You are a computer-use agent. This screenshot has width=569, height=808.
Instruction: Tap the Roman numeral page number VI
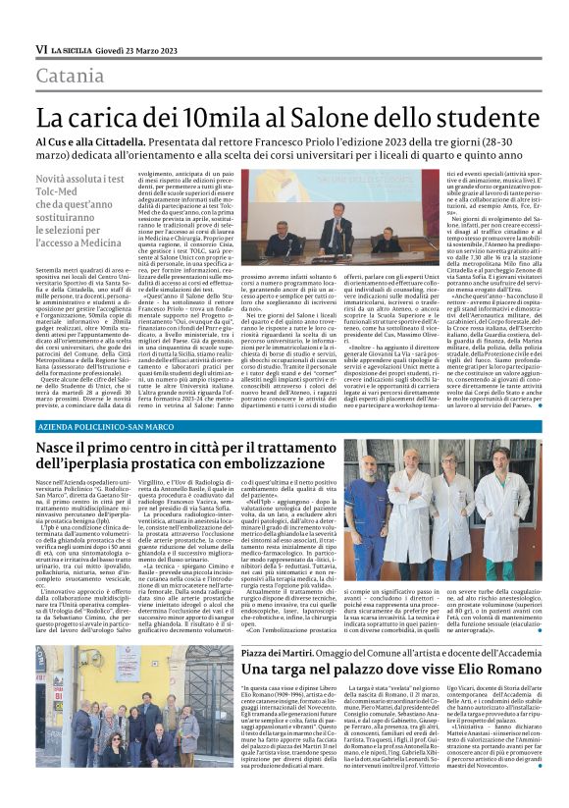click(41, 49)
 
